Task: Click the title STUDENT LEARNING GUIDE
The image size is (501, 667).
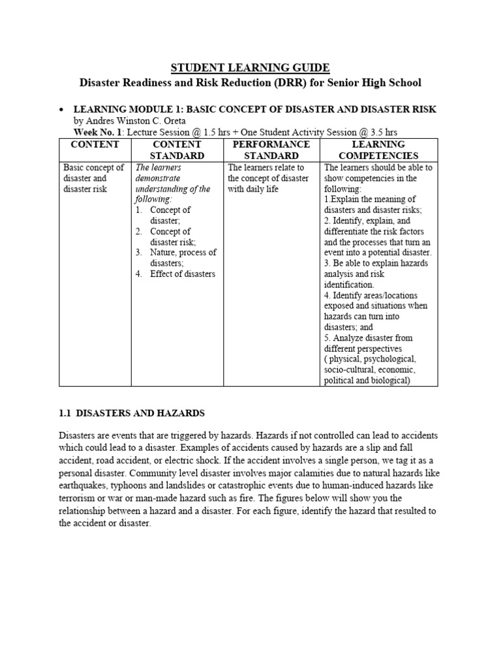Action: (x=250, y=68)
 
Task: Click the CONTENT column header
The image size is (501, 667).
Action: (x=95, y=144)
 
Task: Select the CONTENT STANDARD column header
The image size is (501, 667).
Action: (x=177, y=150)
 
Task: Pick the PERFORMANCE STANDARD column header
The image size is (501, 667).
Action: (x=271, y=150)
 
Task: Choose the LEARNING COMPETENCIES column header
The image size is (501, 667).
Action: (x=378, y=150)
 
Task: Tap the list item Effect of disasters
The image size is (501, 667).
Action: (x=182, y=274)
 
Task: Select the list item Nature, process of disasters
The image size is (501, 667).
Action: (x=183, y=257)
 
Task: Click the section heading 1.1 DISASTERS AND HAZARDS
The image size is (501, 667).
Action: (x=132, y=413)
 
